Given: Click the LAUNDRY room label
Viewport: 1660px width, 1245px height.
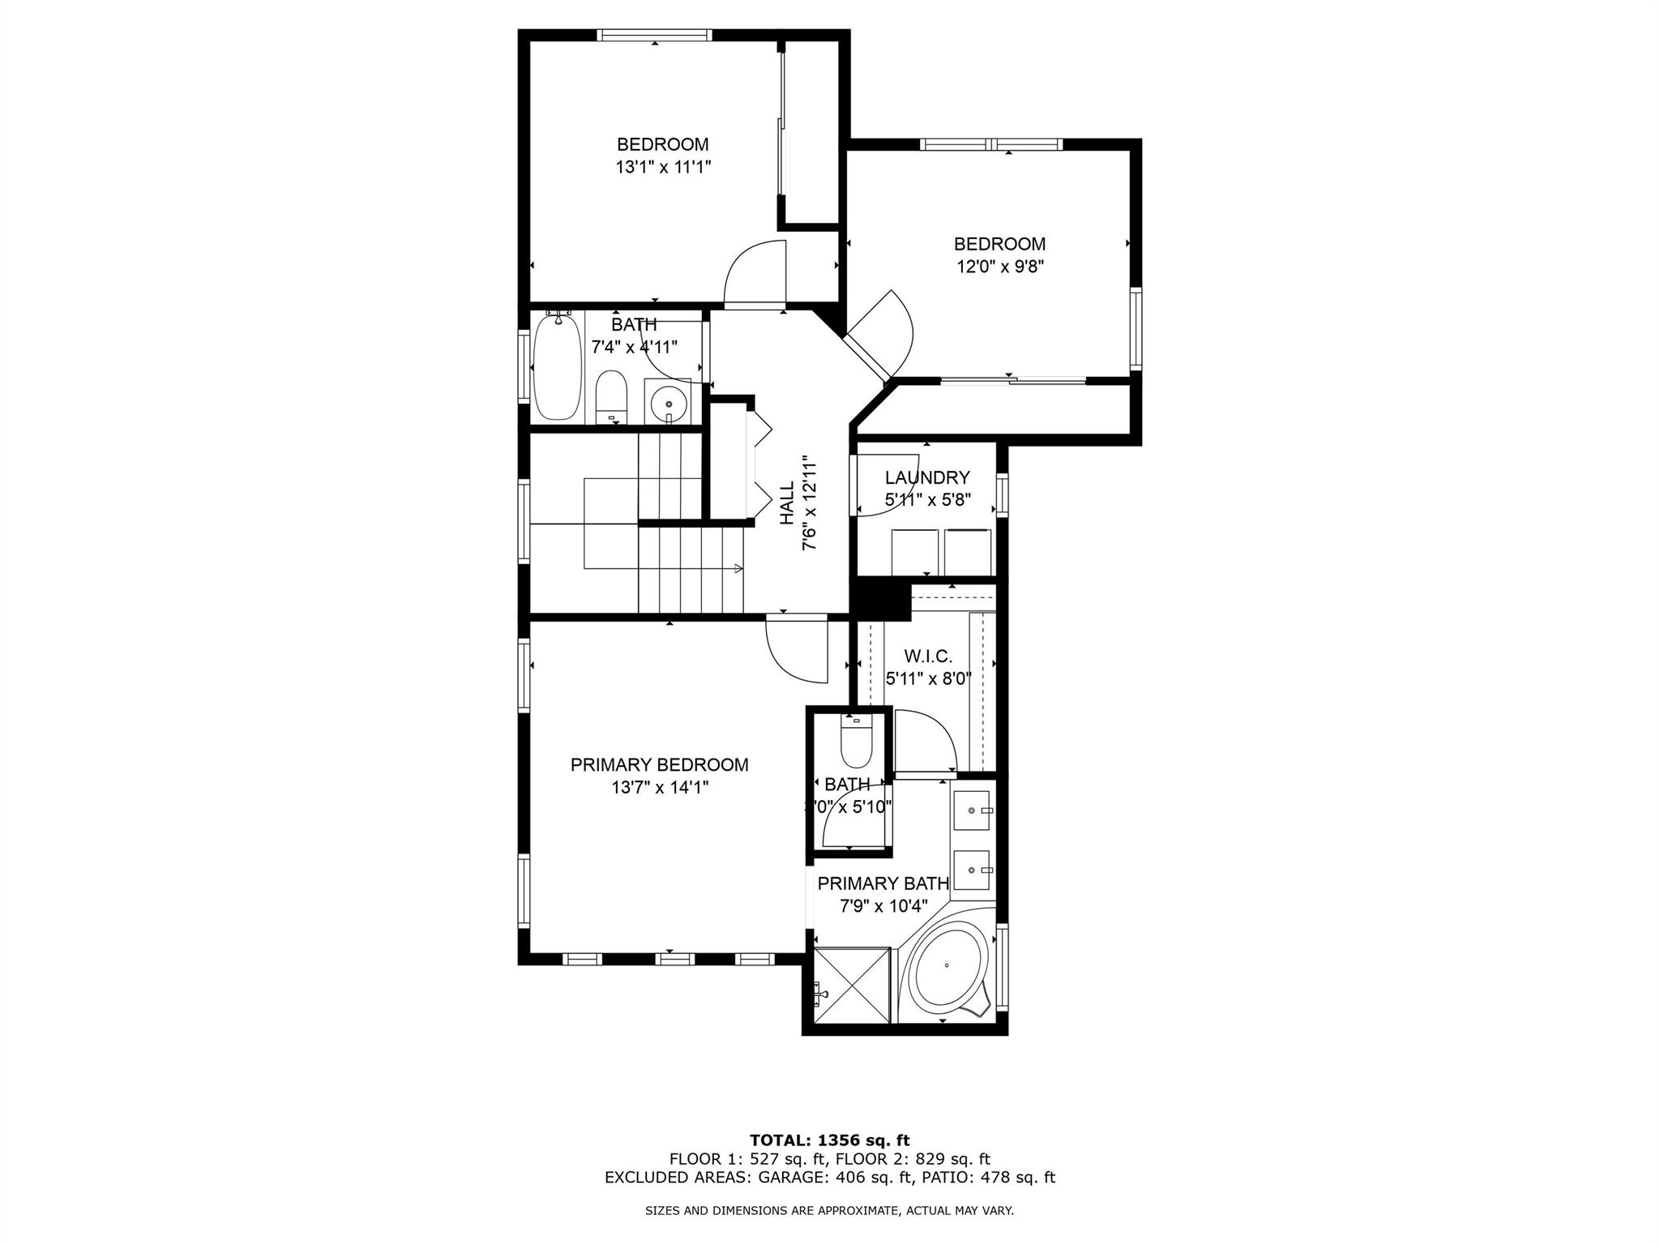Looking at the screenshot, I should [927, 477].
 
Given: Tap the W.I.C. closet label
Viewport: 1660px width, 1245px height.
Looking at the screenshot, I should [928, 657].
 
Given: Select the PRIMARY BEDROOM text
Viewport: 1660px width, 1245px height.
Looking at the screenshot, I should [659, 764].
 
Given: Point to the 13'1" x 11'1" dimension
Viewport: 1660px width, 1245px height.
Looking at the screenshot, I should [662, 167].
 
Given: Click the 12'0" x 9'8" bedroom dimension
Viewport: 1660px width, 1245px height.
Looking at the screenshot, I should [999, 267].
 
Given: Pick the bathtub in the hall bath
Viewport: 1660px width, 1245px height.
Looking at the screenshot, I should [557, 367].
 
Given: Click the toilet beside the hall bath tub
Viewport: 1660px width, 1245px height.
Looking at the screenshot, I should [611, 396].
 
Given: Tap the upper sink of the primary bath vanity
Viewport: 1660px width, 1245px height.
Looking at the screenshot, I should [972, 810].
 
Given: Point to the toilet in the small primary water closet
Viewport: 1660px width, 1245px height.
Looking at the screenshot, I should [856, 742].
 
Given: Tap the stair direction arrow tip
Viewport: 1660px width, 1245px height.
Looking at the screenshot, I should [739, 568].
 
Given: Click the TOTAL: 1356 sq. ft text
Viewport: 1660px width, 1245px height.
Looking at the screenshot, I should [829, 1140].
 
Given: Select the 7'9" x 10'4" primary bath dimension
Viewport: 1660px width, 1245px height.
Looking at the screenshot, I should [883, 906].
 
